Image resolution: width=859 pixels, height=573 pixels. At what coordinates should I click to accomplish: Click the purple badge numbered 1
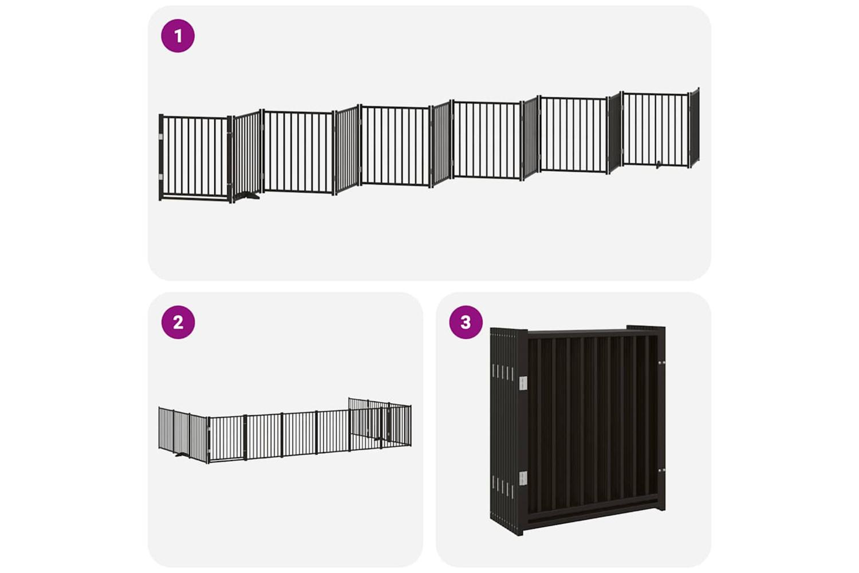coord(178,36)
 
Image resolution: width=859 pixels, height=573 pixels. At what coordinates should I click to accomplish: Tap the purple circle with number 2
coord(178,322)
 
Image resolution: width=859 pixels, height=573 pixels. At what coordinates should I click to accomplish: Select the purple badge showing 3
coord(466,322)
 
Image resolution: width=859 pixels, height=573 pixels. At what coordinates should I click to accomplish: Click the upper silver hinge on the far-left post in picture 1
coord(161,136)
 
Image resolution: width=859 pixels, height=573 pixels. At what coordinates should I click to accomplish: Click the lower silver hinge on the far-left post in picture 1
coord(161,177)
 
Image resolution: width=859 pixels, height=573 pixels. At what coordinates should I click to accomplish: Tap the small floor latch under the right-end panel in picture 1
coord(658,166)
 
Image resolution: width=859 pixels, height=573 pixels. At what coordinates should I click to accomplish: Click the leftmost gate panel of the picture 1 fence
coord(195,158)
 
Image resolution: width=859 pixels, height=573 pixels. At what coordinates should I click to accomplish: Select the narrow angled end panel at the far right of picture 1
coord(695,127)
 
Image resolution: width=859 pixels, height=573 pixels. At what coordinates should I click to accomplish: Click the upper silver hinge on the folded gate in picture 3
coord(523,383)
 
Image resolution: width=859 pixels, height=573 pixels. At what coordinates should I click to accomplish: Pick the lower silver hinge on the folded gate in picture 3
coord(523,478)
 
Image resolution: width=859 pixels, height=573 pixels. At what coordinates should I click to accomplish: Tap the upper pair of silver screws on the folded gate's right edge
coord(661,362)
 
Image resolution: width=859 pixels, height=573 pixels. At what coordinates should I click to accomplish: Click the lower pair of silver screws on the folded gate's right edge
coord(661,470)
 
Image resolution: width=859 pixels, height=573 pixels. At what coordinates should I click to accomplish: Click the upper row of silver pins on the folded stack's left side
coord(502,372)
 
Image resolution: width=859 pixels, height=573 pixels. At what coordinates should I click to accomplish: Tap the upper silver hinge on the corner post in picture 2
coord(209,429)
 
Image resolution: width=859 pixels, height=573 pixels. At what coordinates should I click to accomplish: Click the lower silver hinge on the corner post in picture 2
coord(209,450)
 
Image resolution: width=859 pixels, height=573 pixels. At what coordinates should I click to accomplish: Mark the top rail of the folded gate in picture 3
coord(593,332)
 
